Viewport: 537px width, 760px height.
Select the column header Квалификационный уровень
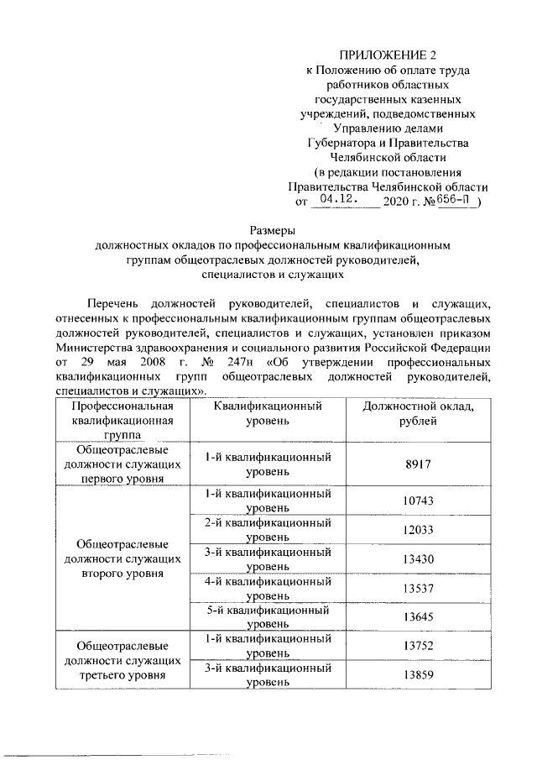tap(268, 413)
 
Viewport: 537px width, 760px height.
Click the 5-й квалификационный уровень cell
tap(268, 616)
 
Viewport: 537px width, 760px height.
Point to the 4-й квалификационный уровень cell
tap(268, 588)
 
